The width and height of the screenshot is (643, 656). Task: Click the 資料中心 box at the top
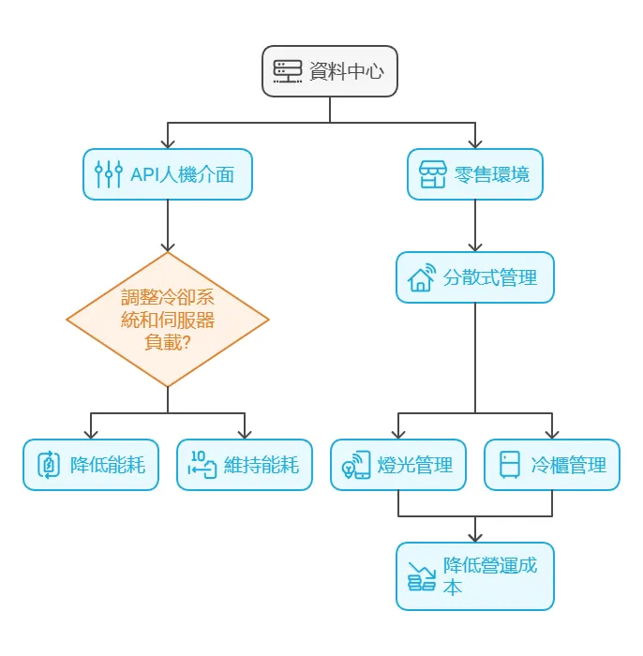(x=330, y=71)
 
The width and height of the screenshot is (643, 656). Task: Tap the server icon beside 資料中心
(x=288, y=71)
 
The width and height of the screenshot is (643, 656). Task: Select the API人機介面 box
(x=168, y=174)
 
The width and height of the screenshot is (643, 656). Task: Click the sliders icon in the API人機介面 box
(x=109, y=174)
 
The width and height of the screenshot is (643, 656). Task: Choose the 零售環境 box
(x=474, y=174)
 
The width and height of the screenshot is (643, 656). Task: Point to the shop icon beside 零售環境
(x=432, y=174)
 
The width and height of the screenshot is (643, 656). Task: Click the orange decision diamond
(x=168, y=320)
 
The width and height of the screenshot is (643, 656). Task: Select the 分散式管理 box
(x=474, y=277)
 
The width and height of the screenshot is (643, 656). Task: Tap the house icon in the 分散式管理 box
(x=422, y=278)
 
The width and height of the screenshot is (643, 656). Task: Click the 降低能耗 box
(x=91, y=465)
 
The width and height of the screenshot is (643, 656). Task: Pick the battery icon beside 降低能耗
(x=49, y=465)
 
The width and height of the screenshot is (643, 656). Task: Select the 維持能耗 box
(x=244, y=465)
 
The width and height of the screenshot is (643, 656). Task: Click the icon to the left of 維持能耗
(x=202, y=465)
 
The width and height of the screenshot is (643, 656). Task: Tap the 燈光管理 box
(x=398, y=465)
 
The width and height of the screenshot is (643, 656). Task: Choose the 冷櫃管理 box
(x=551, y=465)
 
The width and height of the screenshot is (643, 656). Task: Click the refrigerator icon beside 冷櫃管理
(x=510, y=465)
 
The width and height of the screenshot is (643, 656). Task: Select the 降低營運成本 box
(x=474, y=576)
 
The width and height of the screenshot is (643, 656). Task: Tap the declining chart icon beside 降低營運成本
(x=422, y=576)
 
